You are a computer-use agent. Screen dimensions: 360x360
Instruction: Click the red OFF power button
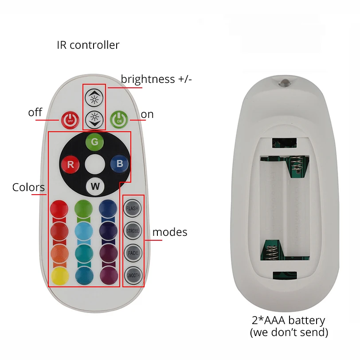click(x=69, y=119)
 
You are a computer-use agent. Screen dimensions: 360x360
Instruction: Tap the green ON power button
click(x=119, y=119)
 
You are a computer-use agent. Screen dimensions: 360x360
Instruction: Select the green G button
click(x=94, y=142)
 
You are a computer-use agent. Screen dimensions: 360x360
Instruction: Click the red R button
click(x=70, y=164)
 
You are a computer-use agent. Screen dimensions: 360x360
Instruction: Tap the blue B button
click(x=119, y=163)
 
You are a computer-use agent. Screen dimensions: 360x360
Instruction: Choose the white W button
click(x=95, y=186)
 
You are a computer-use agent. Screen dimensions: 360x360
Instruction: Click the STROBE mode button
click(x=133, y=231)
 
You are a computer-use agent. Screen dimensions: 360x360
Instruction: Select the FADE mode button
click(x=133, y=253)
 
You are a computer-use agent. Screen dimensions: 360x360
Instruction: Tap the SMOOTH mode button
click(x=133, y=275)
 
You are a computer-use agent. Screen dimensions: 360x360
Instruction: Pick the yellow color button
click(x=59, y=276)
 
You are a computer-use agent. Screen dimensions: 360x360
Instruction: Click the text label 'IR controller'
click(x=88, y=45)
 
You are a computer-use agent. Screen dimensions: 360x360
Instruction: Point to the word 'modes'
click(x=170, y=232)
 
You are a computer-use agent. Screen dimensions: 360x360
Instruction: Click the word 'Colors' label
click(x=28, y=187)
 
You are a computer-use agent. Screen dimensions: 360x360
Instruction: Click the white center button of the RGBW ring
click(x=95, y=164)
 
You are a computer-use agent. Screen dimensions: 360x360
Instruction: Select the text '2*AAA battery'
click(x=289, y=320)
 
